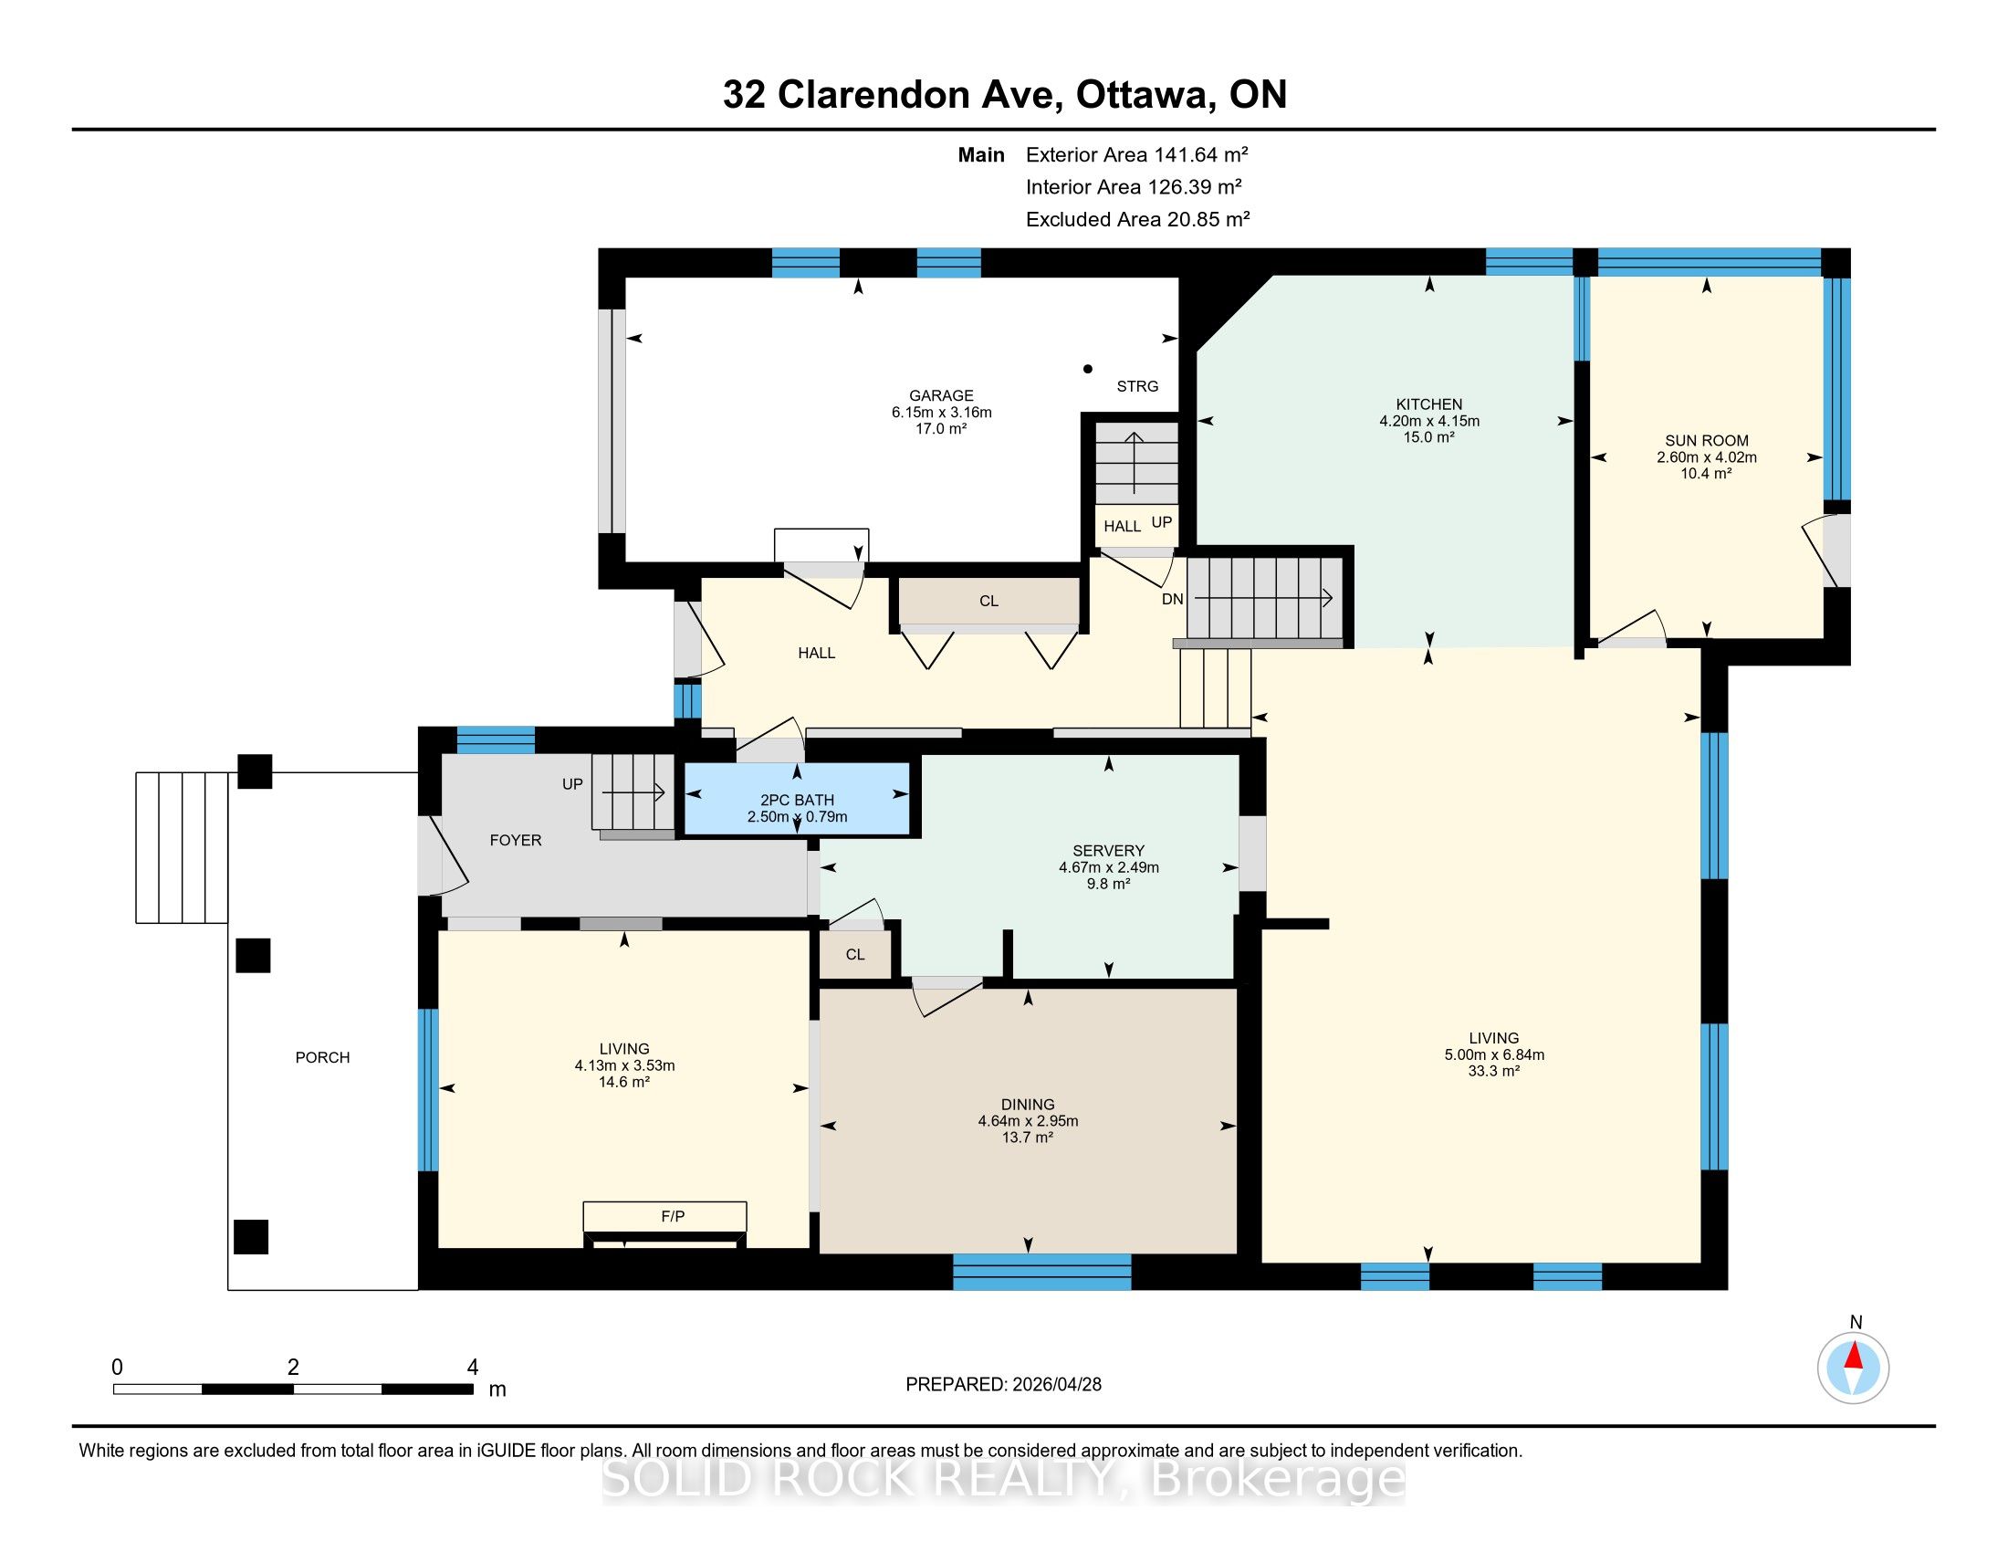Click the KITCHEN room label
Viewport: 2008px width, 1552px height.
tap(1428, 404)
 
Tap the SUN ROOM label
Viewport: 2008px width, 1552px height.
tap(1707, 440)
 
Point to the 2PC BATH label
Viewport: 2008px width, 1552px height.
tap(797, 800)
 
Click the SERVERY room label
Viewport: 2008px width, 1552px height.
tap(1108, 851)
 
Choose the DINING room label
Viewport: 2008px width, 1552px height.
tap(1028, 1105)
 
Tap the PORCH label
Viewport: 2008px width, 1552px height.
tap(323, 1057)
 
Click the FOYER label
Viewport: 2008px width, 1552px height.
tap(516, 839)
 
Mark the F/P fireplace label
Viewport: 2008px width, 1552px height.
tap(673, 1216)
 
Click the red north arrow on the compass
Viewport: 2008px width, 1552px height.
tap(1854, 1356)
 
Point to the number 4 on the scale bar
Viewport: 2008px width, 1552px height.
tap(473, 1368)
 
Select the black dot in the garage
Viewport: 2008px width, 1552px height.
tap(1088, 369)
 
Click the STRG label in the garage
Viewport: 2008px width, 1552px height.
tap(1137, 386)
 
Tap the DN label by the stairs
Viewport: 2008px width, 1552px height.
tap(1172, 600)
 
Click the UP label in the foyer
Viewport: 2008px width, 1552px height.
tap(573, 784)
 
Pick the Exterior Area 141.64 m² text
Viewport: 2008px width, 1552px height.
tap(1137, 154)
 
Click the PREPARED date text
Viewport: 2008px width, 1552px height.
tap(1003, 1384)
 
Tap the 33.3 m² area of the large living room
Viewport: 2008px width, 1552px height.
tap(1494, 1071)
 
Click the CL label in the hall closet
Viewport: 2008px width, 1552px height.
tap(988, 602)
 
